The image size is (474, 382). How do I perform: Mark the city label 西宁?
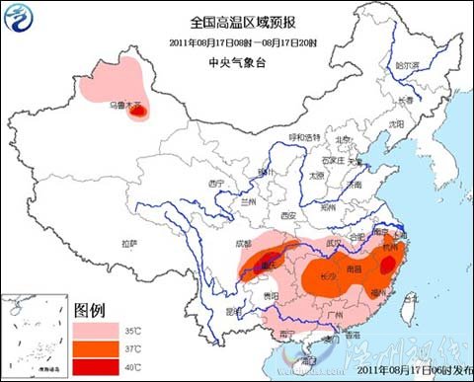(217, 184)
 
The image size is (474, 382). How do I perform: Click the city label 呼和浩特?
(298, 136)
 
